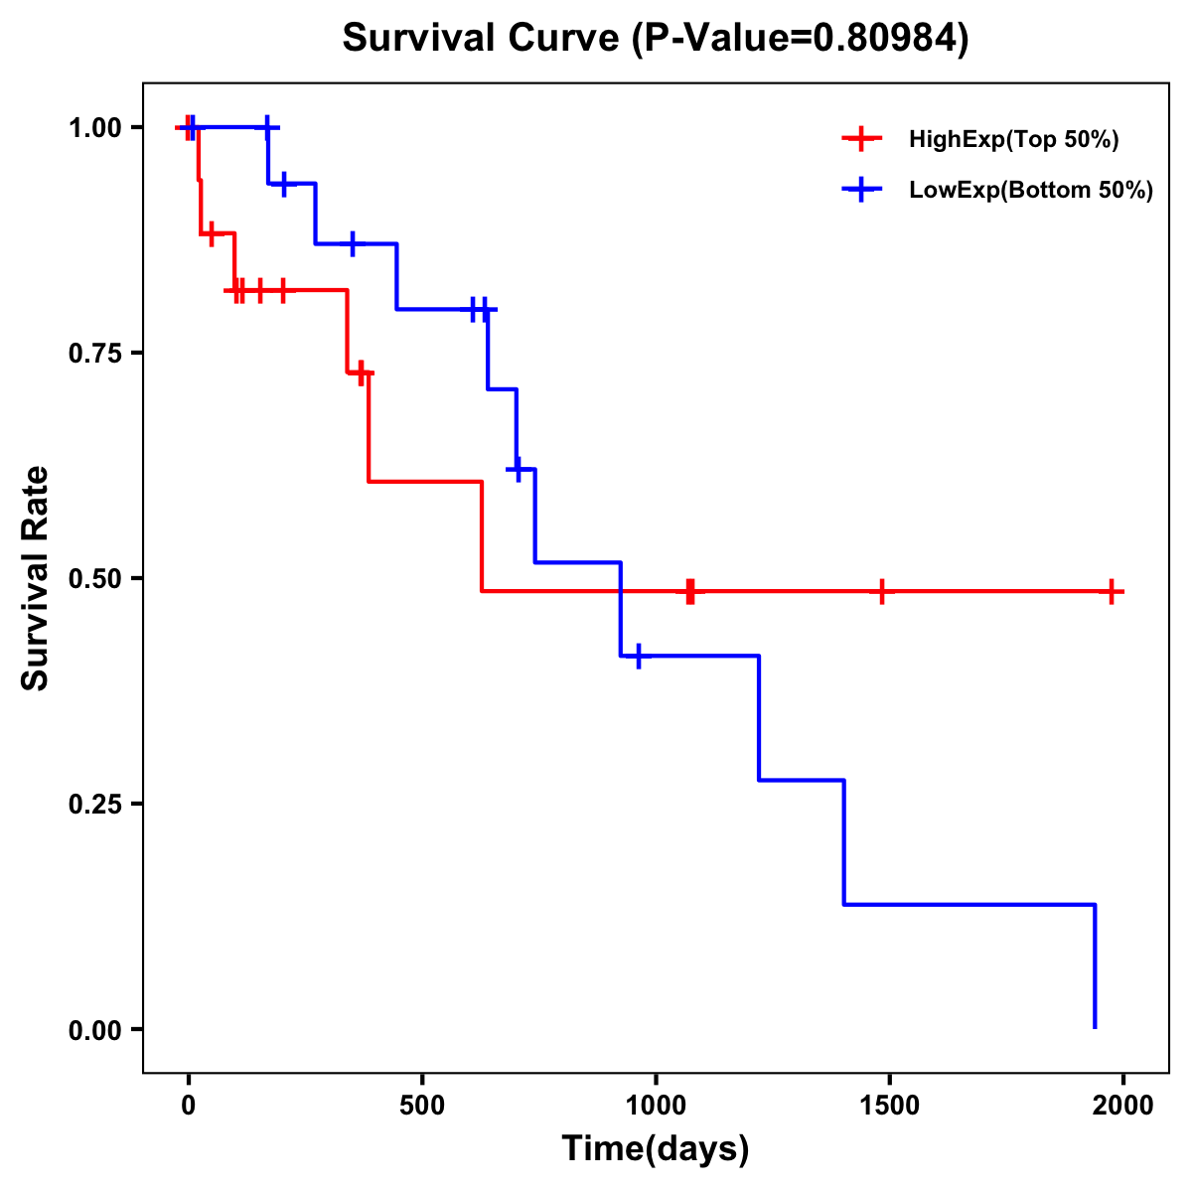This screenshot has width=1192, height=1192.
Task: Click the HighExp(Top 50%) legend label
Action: pyautogui.click(x=1013, y=140)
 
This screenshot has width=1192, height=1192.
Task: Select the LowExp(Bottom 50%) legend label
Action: pyautogui.click(x=1030, y=191)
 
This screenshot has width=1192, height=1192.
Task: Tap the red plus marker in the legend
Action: pyautogui.click(x=861, y=139)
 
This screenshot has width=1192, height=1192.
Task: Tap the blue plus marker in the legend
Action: pyautogui.click(x=861, y=190)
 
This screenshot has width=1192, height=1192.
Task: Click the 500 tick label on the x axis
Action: pyautogui.click(x=422, y=1106)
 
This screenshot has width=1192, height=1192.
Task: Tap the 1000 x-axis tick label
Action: pyautogui.click(x=656, y=1106)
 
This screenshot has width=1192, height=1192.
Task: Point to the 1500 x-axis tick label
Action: pyautogui.click(x=889, y=1106)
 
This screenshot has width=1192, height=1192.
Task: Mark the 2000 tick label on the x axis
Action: pyautogui.click(x=1122, y=1106)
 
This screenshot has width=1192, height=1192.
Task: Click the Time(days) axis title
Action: pyautogui.click(x=656, y=1149)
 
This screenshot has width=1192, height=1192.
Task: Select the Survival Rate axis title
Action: pyautogui.click(x=36, y=578)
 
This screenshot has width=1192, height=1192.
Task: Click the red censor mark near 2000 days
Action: pyautogui.click(x=1113, y=591)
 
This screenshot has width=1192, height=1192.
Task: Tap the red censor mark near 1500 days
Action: pyautogui.click(x=881, y=591)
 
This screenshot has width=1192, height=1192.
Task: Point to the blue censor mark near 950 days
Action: pyautogui.click(x=638, y=656)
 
